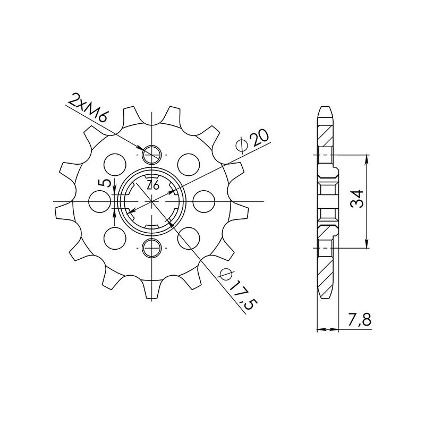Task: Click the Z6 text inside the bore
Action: [154, 185]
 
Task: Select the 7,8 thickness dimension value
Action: [360, 320]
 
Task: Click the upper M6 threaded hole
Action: [152, 155]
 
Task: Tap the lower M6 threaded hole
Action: [152, 246]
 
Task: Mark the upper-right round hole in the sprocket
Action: [188, 161]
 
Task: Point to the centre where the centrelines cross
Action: [152, 201]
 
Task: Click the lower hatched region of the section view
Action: [325, 271]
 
